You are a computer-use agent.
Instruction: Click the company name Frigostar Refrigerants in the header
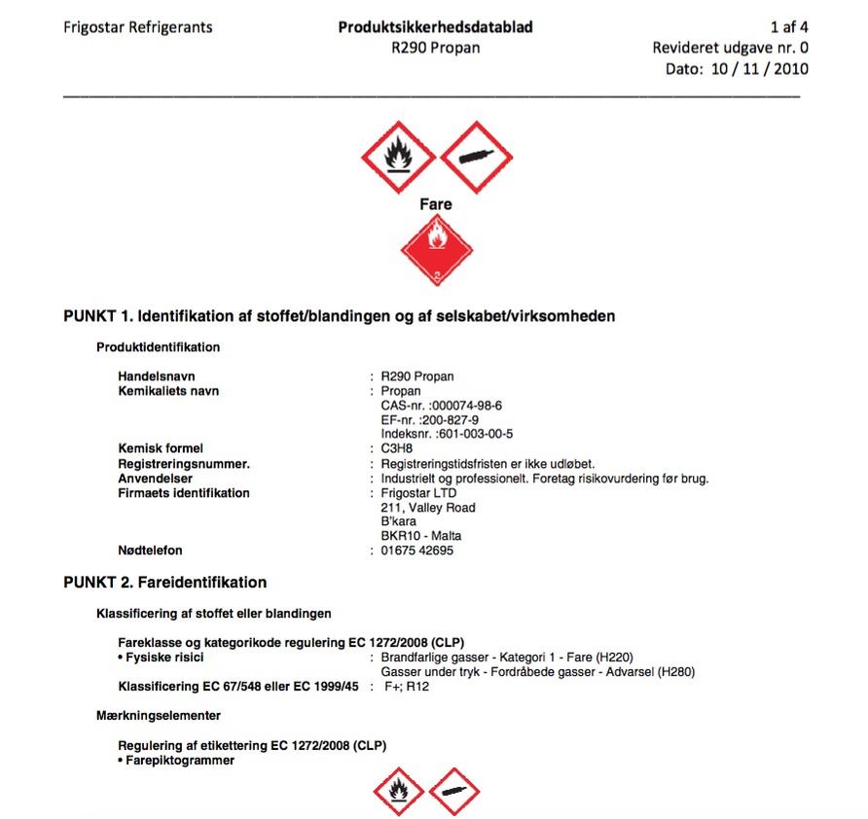point(137,27)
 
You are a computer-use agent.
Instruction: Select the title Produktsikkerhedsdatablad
point(435,27)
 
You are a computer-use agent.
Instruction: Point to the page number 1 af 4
point(788,27)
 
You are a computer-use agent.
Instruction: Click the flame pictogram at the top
point(397,155)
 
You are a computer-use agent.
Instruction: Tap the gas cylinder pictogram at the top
point(476,156)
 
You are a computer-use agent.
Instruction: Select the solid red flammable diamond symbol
point(436,250)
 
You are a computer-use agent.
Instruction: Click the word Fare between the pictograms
point(436,204)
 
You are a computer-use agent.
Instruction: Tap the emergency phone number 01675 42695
point(417,551)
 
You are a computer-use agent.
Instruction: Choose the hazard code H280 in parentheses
point(675,672)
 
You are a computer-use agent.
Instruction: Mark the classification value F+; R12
point(407,687)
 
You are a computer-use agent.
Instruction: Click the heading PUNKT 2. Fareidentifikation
point(165,583)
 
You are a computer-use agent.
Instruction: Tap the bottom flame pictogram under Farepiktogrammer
point(398,792)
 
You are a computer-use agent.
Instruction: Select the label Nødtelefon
point(150,551)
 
